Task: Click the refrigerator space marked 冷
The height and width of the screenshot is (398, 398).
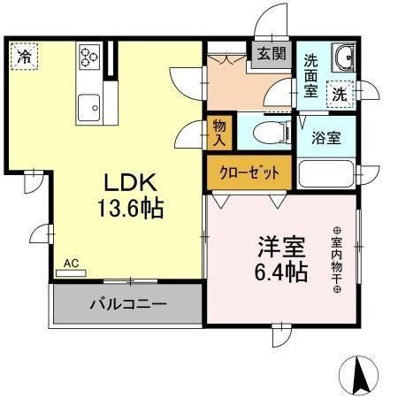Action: click(x=24, y=57)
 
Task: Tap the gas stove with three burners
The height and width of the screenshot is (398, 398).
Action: click(x=89, y=57)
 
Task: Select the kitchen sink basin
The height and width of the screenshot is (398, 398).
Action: click(x=88, y=107)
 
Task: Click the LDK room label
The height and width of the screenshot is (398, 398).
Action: click(x=130, y=183)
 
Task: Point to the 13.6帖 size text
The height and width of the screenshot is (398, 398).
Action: click(x=131, y=209)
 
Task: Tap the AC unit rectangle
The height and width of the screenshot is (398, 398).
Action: click(x=71, y=273)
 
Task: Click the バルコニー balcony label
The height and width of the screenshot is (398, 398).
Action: click(x=128, y=304)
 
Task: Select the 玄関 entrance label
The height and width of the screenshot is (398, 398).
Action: click(x=272, y=54)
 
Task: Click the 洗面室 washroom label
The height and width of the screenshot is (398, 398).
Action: click(x=310, y=76)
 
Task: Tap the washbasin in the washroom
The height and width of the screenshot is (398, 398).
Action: click(x=343, y=57)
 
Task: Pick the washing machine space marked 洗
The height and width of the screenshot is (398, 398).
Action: click(x=341, y=95)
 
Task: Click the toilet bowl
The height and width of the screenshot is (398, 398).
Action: click(x=272, y=132)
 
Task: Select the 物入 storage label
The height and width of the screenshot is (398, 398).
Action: click(x=219, y=133)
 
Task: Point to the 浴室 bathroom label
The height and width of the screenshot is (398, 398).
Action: click(x=326, y=138)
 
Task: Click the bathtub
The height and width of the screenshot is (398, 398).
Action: click(x=326, y=173)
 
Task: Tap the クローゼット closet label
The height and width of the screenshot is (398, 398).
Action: click(x=249, y=172)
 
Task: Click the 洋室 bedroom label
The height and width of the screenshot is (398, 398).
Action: click(x=281, y=246)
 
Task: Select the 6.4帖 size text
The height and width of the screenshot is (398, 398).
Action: click(x=281, y=272)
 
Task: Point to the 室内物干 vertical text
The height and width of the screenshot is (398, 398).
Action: click(x=337, y=259)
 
